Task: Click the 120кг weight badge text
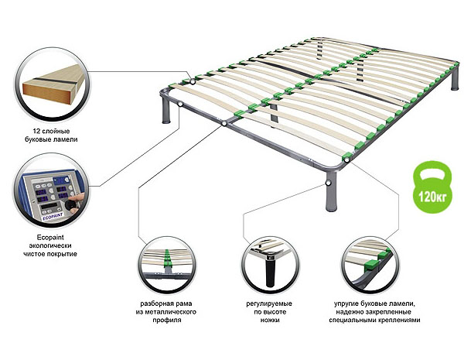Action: click(x=432, y=197)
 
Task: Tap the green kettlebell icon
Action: click(x=433, y=187)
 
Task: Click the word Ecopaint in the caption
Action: click(x=50, y=238)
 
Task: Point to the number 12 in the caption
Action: click(x=36, y=131)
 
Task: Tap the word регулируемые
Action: click(x=269, y=303)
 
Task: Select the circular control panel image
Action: click(x=51, y=191)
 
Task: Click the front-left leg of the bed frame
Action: click(x=166, y=110)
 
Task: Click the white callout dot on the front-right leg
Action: click(x=329, y=183)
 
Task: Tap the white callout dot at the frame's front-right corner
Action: click(x=347, y=159)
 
